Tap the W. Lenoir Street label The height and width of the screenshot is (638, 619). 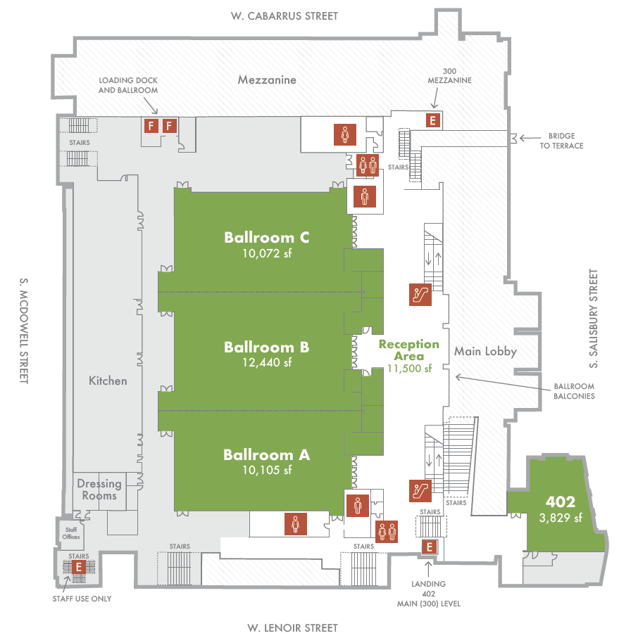tap(292, 627)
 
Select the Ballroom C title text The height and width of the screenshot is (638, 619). tap(267, 237)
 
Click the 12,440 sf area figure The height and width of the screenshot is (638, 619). tap(267, 363)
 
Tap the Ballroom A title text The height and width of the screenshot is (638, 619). tap(266, 455)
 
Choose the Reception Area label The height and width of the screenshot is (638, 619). tap(408, 350)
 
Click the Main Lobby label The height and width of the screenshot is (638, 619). tap(485, 351)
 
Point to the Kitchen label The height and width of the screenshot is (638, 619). tap(108, 381)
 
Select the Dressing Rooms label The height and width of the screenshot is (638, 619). tap(99, 490)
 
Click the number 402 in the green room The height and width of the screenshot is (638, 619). tap(561, 502)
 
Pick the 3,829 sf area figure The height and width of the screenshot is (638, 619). tap(561, 518)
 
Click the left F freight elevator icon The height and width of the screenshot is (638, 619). tap(149, 126)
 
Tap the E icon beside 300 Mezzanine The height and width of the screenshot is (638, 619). tap(433, 120)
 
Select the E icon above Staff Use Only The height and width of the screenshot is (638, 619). tap(79, 566)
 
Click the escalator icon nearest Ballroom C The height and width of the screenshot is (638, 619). tap(420, 293)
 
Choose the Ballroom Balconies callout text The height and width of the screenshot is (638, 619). tap(573, 391)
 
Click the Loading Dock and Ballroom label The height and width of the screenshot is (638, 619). tap(128, 85)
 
